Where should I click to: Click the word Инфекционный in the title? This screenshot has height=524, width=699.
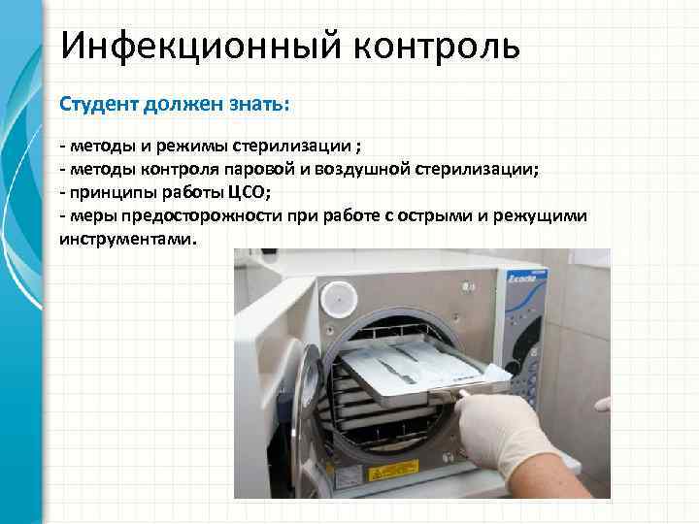pos(201,46)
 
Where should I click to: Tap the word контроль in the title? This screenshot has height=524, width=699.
pos(437,47)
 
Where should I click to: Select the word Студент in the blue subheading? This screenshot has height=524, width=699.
pos(99,104)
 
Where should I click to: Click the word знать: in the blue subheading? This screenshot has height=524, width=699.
pos(259,104)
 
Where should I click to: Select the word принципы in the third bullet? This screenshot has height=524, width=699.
pos(114,193)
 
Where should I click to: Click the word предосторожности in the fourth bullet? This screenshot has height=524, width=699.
pos(202,216)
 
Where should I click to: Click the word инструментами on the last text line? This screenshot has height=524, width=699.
pos(126,240)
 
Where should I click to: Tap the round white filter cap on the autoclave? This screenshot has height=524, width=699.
pos(339,299)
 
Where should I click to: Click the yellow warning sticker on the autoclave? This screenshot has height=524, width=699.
pos(393,471)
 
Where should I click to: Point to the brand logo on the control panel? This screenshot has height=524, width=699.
pos(524,278)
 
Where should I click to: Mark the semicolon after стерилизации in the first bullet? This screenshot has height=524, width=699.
pos(358,147)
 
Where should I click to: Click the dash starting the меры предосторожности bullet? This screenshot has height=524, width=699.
pos(62,216)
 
